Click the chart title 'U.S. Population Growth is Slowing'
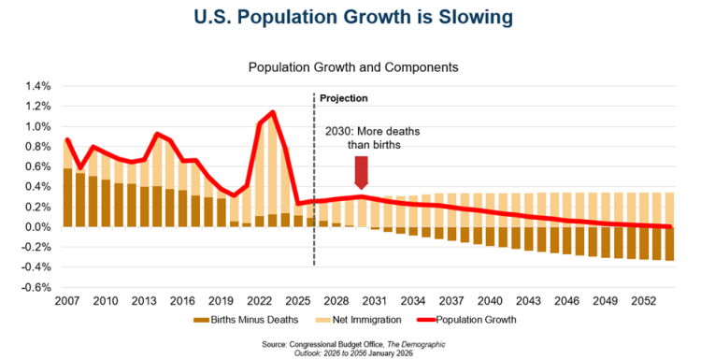pos(353,17)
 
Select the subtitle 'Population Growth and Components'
pos(353,67)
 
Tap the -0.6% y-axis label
pos(36,288)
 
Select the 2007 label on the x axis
pos(67,300)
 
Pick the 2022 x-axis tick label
pos(260,300)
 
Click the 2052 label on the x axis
pos(644,300)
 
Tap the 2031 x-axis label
pos(375,300)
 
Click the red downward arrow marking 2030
pos(361,173)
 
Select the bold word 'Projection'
pos(343,98)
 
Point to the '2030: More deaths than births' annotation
pos(372,138)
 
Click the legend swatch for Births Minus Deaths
pos(201,320)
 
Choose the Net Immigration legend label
pos(367,320)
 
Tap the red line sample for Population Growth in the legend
pos(426,320)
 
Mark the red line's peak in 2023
pos(273,112)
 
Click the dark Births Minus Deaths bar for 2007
pos(67,197)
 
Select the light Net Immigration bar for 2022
pos(260,170)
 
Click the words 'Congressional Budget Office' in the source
pos(336,345)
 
